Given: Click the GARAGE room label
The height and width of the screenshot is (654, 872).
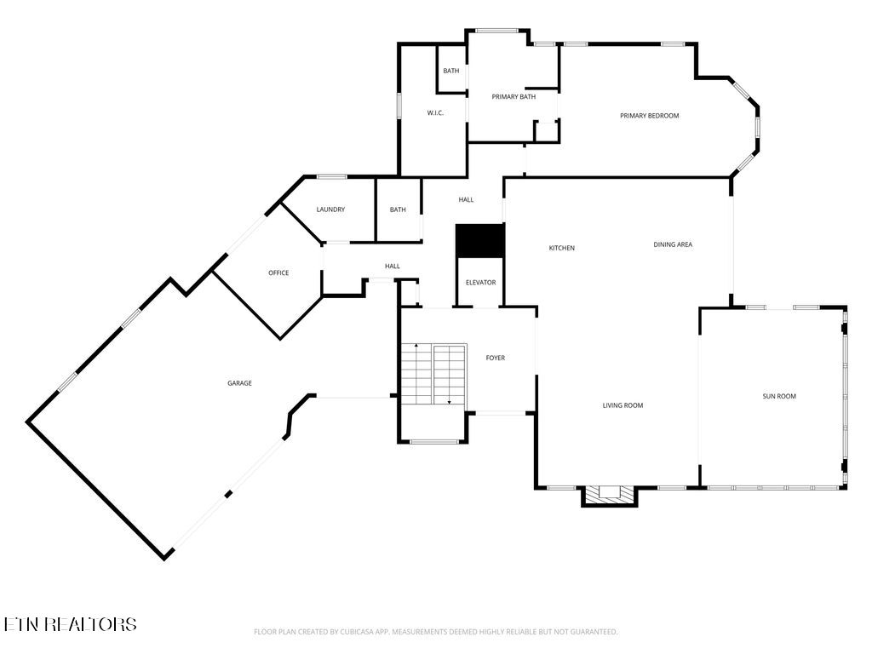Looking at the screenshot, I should click(239, 383).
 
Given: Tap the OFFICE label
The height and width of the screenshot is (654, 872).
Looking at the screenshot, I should click(278, 273).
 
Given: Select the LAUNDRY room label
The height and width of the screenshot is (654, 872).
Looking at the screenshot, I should click(330, 209).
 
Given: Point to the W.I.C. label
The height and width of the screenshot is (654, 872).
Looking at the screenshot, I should click(435, 113).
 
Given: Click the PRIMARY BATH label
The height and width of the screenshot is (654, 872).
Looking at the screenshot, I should click(513, 97).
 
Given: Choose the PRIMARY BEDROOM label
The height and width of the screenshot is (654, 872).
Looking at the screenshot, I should click(649, 116).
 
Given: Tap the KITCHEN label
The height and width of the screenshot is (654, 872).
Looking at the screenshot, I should click(561, 249).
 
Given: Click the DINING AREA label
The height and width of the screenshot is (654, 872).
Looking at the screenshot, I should click(673, 245).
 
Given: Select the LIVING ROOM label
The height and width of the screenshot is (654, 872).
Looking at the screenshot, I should click(622, 406).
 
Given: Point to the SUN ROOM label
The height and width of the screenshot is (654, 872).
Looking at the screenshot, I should click(779, 396).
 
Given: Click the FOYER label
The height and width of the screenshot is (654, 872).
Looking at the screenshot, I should click(496, 359).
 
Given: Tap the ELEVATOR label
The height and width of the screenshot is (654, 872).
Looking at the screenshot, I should click(480, 283).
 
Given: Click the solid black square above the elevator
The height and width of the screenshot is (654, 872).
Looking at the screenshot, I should click(480, 240).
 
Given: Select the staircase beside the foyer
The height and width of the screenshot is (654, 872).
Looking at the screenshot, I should click(434, 375).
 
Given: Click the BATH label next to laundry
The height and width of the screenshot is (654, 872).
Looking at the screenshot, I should click(398, 209).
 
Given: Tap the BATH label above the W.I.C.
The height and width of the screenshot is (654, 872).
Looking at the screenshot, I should click(450, 71).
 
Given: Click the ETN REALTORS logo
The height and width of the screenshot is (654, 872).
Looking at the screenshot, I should click(70, 624).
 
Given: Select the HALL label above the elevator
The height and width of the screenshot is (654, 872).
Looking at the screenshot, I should click(466, 200).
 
